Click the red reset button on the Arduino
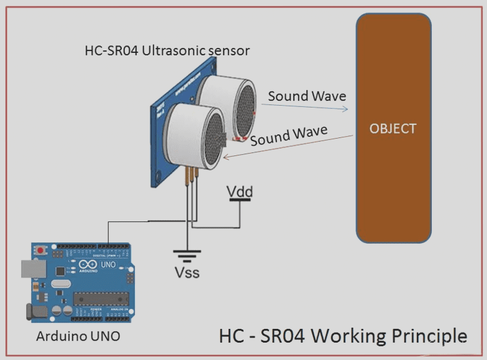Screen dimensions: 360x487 [42, 250]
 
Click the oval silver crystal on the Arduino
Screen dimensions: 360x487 [57, 285]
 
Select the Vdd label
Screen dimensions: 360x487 [239, 192]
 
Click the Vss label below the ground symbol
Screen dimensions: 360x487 [186, 272]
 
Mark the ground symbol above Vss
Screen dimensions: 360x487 [186, 254]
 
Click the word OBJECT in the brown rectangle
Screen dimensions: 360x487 [393, 129]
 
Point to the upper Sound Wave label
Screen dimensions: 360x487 [307, 96]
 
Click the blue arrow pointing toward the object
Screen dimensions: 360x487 [304, 107]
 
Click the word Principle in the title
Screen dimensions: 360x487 [428, 336]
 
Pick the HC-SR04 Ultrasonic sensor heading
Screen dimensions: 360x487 [167, 50]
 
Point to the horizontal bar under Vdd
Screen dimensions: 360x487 [239, 201]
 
